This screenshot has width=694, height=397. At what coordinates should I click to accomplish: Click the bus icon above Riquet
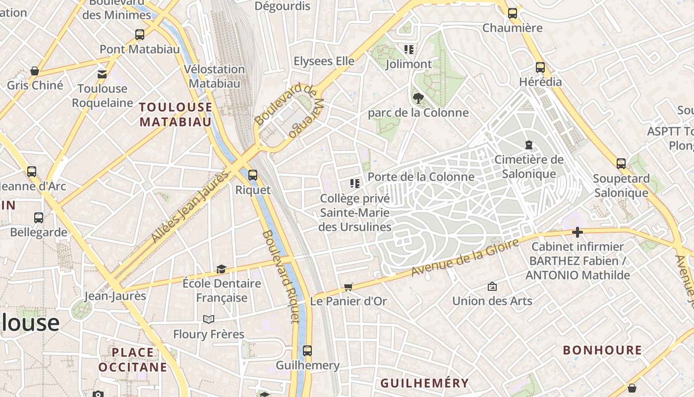(253, 175)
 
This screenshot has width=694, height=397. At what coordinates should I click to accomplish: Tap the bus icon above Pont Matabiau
(140, 35)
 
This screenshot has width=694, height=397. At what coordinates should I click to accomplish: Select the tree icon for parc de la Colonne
(418, 98)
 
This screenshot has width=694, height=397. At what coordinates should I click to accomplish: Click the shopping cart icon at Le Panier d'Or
(348, 286)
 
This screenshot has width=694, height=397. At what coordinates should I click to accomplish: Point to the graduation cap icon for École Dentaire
(221, 269)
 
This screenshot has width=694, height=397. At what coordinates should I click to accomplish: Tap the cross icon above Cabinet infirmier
(577, 232)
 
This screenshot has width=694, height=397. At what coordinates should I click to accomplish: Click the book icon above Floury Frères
(209, 319)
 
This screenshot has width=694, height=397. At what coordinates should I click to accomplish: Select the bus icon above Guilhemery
(307, 350)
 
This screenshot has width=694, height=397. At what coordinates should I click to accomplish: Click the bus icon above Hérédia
(540, 67)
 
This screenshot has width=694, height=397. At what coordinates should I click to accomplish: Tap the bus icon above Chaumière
(513, 13)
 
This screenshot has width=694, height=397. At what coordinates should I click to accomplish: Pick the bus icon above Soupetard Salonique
(621, 163)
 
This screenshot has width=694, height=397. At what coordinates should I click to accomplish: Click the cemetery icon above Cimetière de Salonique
(528, 145)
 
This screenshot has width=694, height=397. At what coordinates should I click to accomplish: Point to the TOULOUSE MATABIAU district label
(175, 115)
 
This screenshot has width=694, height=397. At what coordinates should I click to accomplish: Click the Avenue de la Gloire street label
(465, 258)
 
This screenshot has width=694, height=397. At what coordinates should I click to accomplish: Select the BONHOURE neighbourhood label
(602, 350)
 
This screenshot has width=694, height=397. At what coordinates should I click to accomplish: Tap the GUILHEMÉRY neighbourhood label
(424, 383)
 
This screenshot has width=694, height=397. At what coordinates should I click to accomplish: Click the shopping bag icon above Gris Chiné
(35, 71)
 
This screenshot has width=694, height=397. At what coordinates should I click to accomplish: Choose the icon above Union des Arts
(492, 286)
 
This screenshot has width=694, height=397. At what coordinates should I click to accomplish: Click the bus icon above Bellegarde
(39, 217)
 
